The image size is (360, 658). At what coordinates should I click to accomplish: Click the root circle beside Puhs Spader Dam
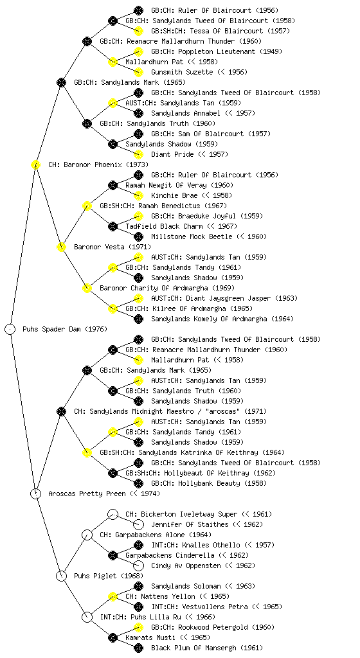10,329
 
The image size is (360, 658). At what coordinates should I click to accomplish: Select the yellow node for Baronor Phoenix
35,164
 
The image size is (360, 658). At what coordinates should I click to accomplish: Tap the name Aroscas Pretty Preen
87,493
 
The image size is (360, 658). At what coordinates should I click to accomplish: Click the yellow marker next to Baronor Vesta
61,247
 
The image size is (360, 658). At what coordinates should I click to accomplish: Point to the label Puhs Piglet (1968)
108,576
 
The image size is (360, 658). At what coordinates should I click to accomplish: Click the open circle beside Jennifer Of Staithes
138,524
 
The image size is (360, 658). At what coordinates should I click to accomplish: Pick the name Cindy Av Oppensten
186,565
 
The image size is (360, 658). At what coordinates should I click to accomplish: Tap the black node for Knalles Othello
138,545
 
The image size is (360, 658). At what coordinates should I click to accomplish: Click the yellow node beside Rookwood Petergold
138,627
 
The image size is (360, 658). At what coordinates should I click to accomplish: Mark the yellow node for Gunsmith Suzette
138,72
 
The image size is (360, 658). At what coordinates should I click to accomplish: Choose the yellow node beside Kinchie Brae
138,195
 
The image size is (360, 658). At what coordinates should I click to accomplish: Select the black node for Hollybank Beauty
138,483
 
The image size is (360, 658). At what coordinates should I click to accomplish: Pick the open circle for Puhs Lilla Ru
87,617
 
